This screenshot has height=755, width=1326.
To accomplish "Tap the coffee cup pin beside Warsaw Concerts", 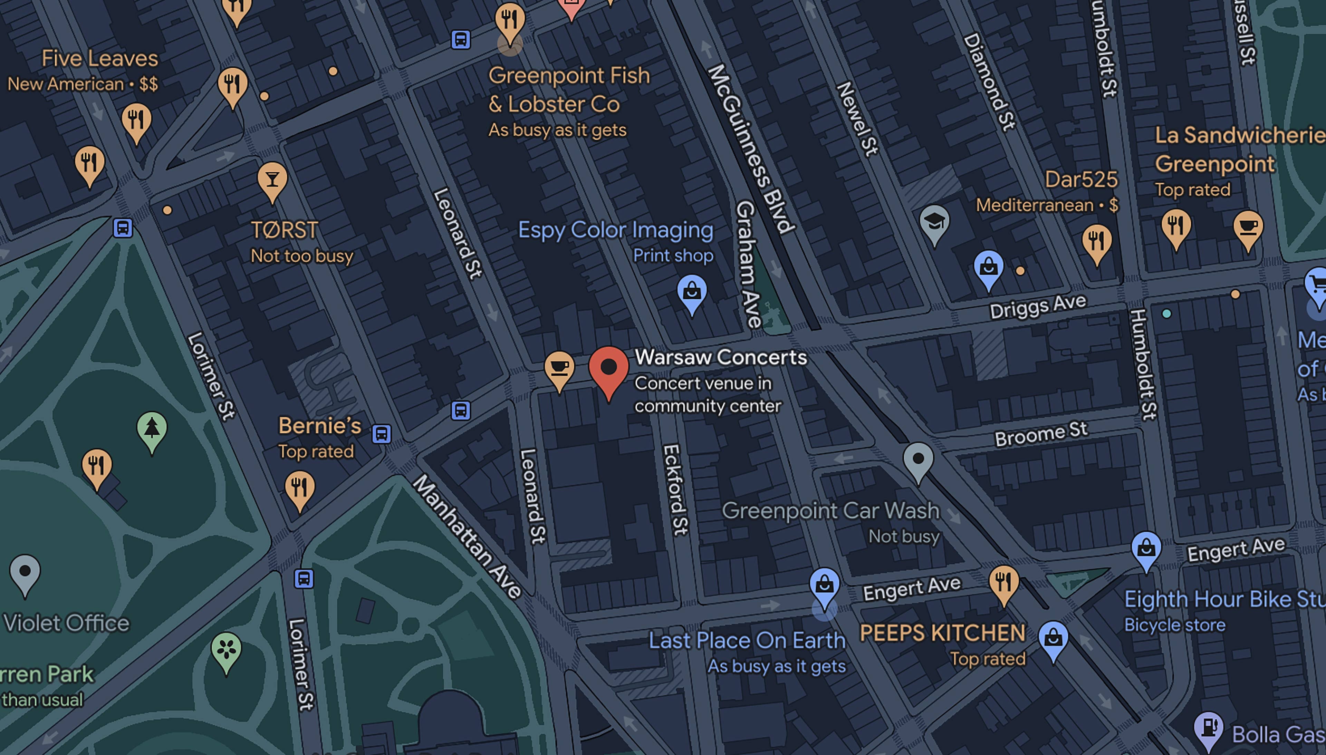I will point(559,368).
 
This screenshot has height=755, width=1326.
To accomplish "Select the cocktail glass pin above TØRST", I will point(272,180).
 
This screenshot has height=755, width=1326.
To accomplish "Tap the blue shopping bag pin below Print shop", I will point(692,292).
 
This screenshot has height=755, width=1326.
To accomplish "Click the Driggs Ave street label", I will point(1037,307).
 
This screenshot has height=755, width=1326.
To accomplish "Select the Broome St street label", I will point(1040,434).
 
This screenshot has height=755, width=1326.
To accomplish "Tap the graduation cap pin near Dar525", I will point(934,222).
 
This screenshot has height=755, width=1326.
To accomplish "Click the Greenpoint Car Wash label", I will point(830,511).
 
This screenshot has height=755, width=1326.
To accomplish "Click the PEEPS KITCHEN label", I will point(942,633).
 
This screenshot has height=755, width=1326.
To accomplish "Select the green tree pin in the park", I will point(152,429).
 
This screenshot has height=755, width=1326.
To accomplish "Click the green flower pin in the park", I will point(226,649).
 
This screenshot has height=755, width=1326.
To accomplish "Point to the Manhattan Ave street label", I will point(467,537).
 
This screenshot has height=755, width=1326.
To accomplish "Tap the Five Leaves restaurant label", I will point(99,59).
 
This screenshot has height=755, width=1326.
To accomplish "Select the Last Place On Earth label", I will point(747,640).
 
